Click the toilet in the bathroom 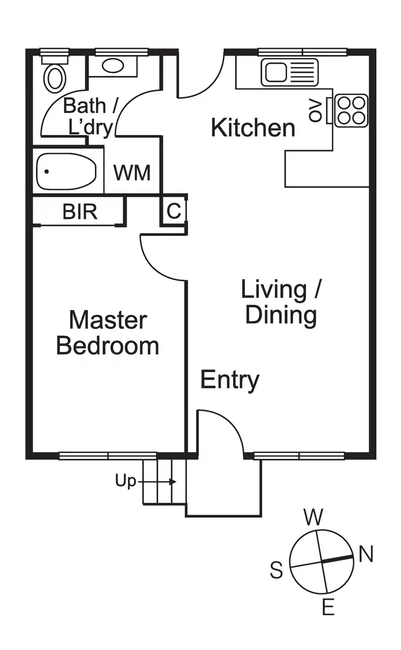click(x=54, y=77)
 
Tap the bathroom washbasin click(x=113, y=66)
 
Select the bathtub click(x=66, y=171)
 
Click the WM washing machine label click(x=132, y=173)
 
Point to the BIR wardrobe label click(x=80, y=212)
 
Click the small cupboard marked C click(x=174, y=211)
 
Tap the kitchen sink click(x=289, y=72)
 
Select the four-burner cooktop click(x=352, y=110)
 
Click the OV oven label click(x=316, y=110)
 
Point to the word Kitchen click(x=253, y=129)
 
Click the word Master click(x=108, y=320)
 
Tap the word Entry click(x=230, y=380)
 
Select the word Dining click(x=281, y=315)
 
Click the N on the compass click(x=366, y=555)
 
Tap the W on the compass click(x=314, y=517)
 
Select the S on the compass click(x=276, y=571)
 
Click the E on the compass click(x=328, y=607)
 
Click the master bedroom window click(x=108, y=456)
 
